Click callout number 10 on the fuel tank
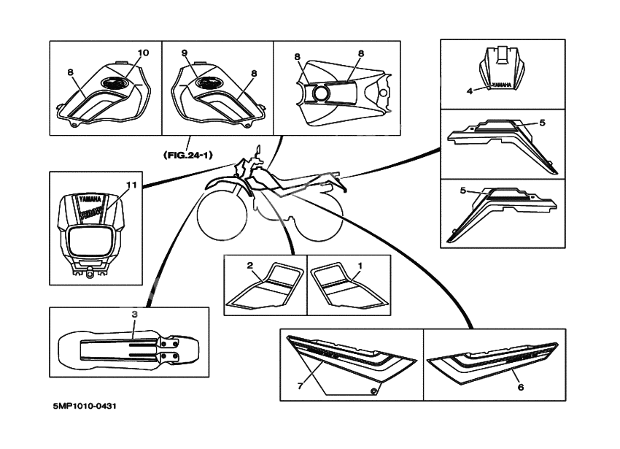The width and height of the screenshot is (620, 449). point(143,53)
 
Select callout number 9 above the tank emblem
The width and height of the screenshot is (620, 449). point(185,53)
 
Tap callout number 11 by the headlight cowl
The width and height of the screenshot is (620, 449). point(131,185)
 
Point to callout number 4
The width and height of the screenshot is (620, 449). point(470,91)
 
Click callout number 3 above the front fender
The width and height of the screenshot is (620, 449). point(134,314)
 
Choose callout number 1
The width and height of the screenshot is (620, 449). point(359,265)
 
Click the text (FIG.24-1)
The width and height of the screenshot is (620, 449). point(188,154)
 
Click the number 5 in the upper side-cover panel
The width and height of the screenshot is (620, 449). point(542,122)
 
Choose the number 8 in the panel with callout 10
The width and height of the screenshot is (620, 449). point(70,72)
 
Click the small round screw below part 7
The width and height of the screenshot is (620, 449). point(373,393)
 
